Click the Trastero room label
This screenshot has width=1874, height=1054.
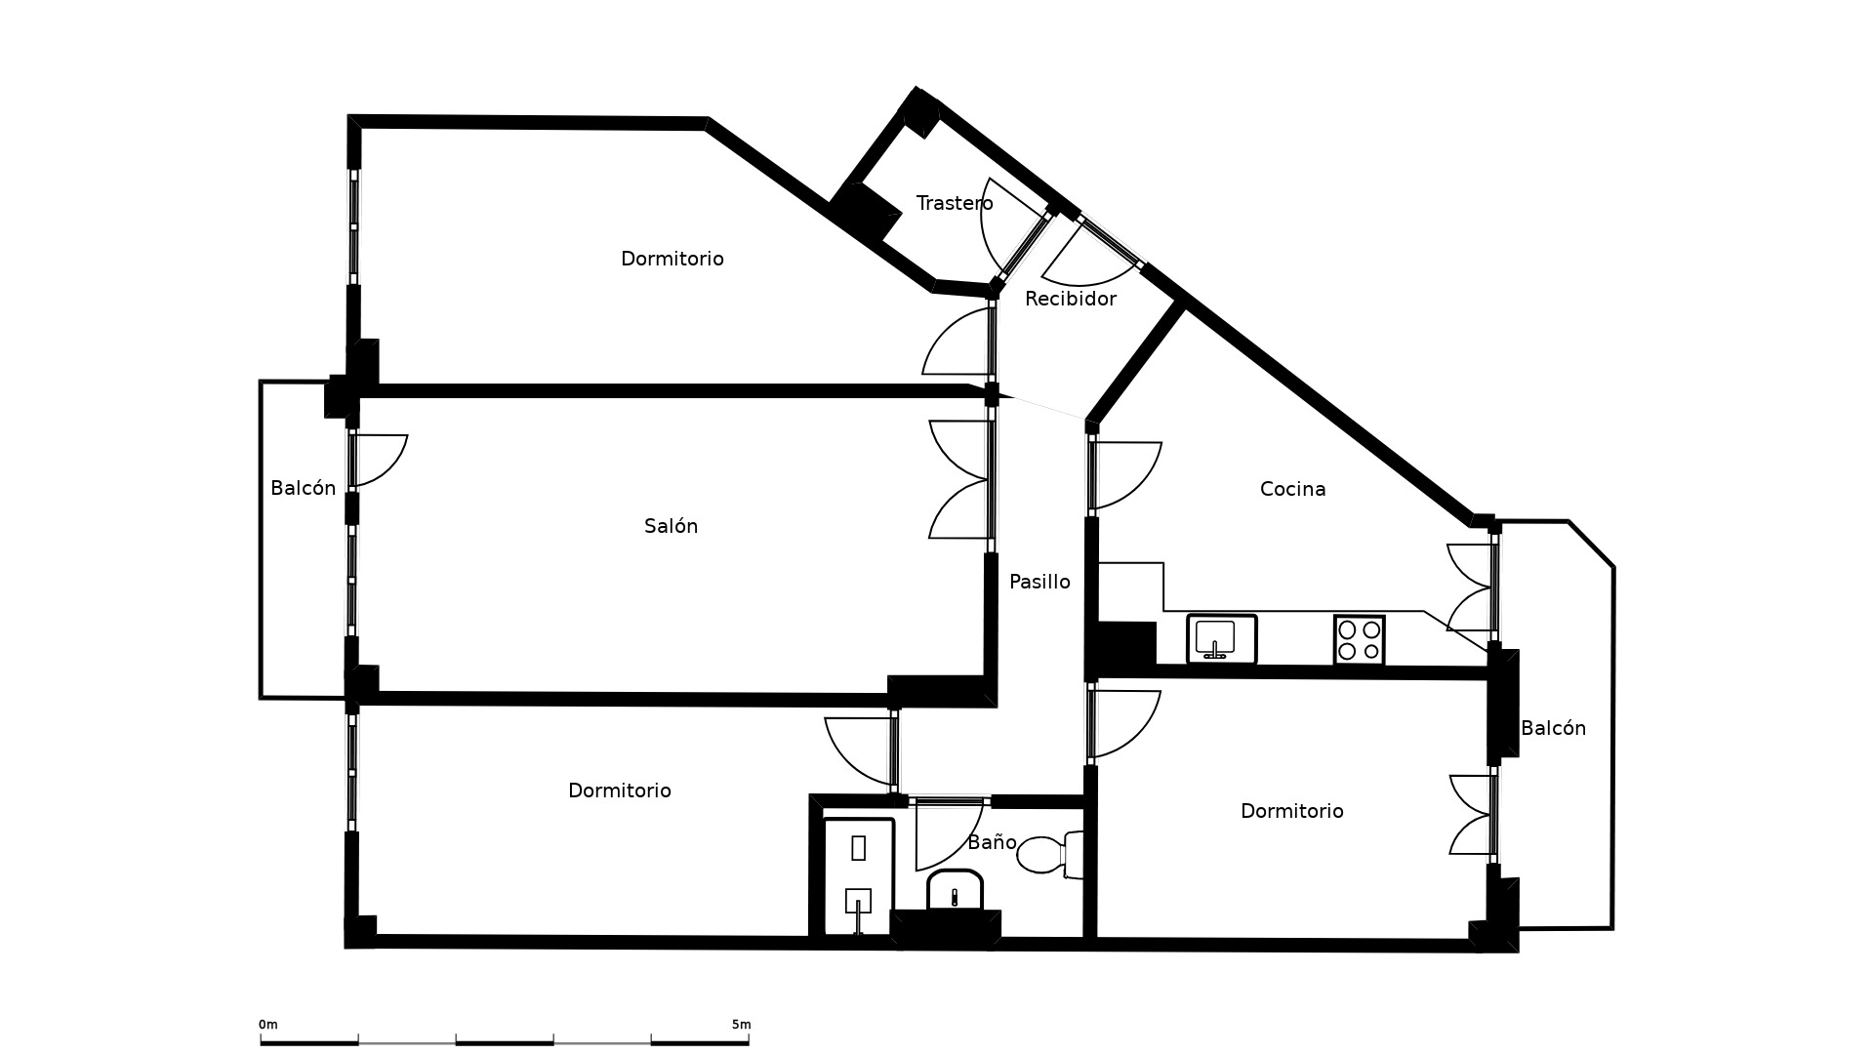coord(954,203)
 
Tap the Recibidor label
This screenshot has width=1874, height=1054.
coord(1070,299)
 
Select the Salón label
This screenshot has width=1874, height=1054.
coord(671,526)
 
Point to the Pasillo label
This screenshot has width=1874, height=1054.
coord(1039,582)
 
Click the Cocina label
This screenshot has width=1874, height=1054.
coord(1292,489)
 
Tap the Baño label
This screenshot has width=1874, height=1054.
coord(992,842)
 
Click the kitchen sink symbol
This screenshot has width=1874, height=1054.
coord(1221,639)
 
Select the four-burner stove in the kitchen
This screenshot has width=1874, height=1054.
coord(1359,640)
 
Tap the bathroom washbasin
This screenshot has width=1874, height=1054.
coord(955,890)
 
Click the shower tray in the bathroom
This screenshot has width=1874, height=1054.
coord(859,876)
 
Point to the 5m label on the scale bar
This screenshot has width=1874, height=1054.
coord(741,1025)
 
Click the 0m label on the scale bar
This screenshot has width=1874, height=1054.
coord(268,1025)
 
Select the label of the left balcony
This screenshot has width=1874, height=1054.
coord(303,488)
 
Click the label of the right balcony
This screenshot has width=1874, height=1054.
coord(1553,728)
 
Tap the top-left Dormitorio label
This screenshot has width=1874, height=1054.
coord(672,259)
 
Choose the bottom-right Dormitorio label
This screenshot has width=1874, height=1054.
coord(1291,811)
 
